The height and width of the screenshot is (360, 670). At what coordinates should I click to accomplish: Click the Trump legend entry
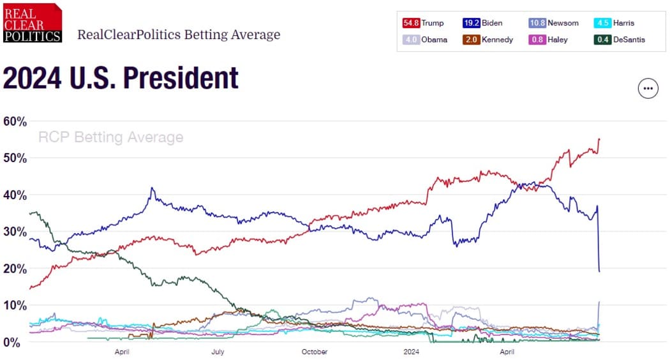click(423, 23)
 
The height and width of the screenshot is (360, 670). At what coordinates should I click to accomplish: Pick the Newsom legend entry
click(554, 23)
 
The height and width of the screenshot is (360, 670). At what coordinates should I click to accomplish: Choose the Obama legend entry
click(425, 40)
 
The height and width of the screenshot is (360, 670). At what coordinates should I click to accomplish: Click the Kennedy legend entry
click(490, 40)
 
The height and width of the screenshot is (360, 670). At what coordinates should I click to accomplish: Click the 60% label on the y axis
click(15, 121)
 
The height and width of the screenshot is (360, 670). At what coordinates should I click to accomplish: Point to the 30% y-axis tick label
click(15, 232)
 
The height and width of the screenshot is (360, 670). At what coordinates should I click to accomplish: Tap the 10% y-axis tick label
click(15, 306)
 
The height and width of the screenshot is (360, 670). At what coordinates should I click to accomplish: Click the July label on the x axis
click(218, 352)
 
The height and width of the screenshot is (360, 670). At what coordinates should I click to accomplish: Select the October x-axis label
click(315, 352)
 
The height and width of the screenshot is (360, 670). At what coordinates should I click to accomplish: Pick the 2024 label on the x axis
click(412, 352)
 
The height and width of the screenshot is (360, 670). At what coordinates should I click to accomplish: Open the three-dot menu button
click(648, 89)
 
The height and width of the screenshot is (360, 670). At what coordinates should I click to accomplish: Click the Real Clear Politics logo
click(33, 23)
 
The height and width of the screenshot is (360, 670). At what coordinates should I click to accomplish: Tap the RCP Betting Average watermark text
click(110, 137)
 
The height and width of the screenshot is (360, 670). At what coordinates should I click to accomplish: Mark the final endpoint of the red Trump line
click(599, 139)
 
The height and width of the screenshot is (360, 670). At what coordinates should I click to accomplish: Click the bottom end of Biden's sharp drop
click(599, 271)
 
